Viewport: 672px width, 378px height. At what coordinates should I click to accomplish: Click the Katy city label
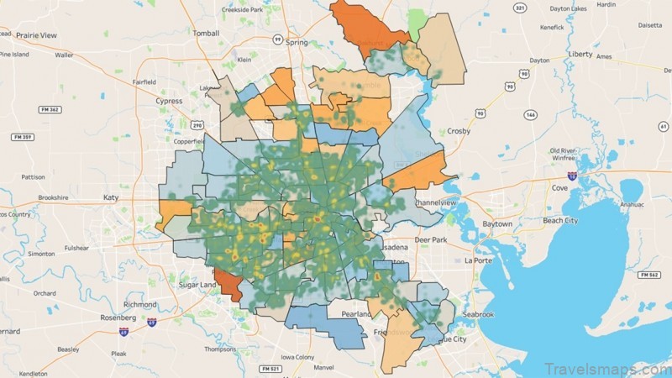pyautogui.click(x=110, y=197)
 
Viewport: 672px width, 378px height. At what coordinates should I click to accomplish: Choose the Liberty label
pyautogui.click(x=580, y=53)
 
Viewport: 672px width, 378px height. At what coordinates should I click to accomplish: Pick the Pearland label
pyautogui.click(x=355, y=313)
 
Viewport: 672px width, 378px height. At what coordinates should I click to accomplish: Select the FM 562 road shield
pyautogui.click(x=648, y=275)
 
